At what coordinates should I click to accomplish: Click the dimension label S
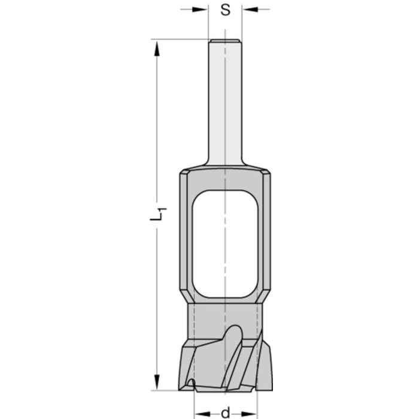click(224, 10)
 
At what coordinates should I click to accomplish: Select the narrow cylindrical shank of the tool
click(224, 102)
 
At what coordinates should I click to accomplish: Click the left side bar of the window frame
click(186, 239)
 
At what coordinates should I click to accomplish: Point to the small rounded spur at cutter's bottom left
click(191, 382)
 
